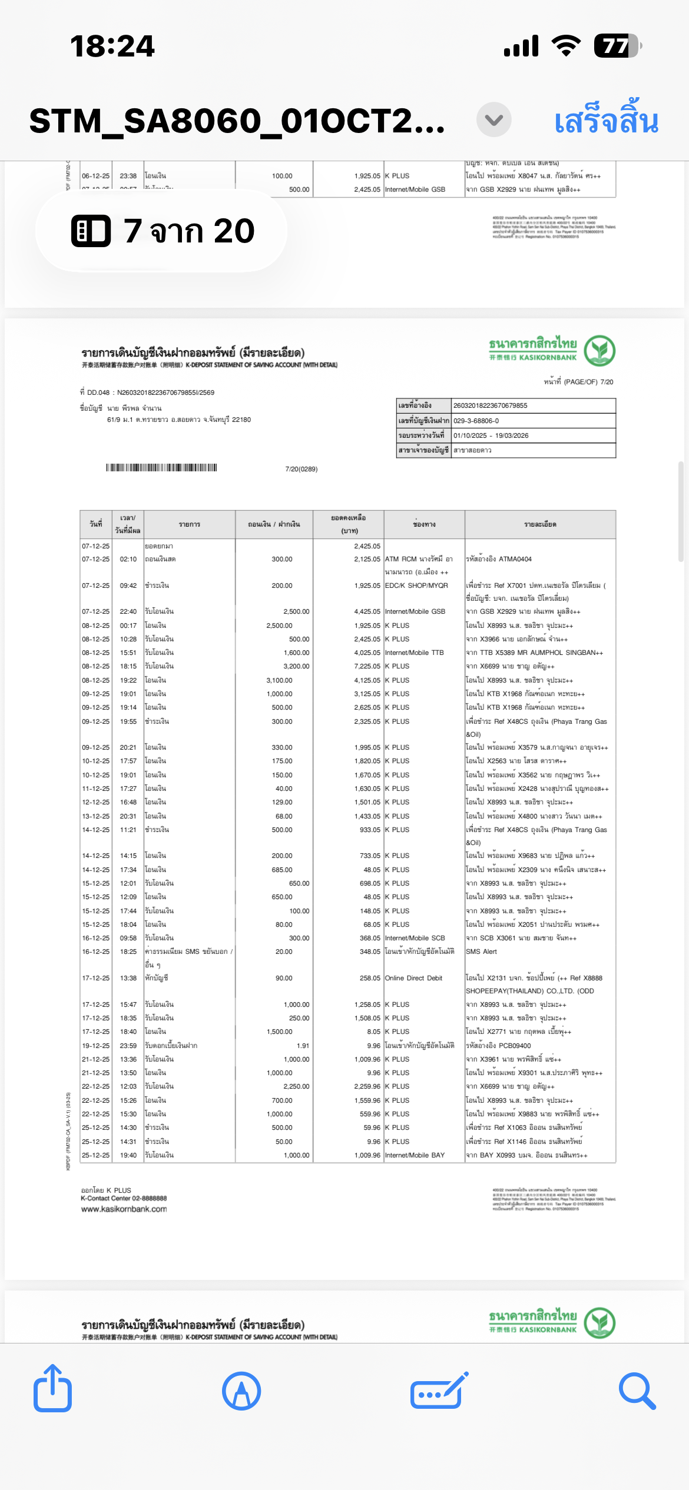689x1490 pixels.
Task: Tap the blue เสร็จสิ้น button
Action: click(606, 121)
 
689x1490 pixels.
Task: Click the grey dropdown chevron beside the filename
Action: click(493, 120)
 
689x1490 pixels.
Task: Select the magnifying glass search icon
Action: click(637, 1391)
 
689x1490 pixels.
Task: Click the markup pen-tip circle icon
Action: click(241, 1391)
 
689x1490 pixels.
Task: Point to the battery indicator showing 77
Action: click(616, 46)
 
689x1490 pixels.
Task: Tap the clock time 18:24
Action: click(112, 46)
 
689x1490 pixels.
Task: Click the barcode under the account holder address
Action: click(161, 468)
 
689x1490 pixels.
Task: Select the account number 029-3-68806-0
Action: click(476, 421)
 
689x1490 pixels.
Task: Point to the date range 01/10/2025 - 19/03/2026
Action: click(491, 435)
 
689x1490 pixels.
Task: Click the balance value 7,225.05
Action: click(367, 666)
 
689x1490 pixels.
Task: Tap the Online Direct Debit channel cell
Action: click(413, 978)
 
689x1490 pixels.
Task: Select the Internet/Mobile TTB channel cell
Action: click(414, 653)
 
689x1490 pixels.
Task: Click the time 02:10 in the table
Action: click(128, 559)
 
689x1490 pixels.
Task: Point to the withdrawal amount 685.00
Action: click(282, 870)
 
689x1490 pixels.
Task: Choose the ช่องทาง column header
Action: click(424, 524)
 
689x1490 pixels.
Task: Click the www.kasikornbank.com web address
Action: click(124, 1209)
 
